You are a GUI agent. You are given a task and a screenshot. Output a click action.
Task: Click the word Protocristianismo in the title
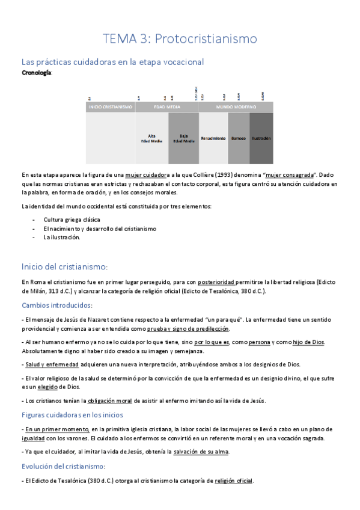pos(206,38)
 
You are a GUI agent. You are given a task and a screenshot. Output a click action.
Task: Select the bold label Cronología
pos(36,72)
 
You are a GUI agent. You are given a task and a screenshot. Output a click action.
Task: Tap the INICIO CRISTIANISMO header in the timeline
pos(110,107)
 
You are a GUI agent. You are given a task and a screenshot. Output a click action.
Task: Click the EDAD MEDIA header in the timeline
pos(166,107)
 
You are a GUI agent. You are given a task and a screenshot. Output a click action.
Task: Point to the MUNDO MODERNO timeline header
pos(236,107)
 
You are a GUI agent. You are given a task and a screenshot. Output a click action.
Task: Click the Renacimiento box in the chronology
pos(213,138)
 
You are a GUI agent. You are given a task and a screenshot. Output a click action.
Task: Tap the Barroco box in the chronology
pos(239,138)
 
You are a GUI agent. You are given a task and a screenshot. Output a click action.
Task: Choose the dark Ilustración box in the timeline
pos(261,138)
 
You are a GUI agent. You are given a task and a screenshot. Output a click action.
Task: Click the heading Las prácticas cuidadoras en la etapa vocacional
pos(112,61)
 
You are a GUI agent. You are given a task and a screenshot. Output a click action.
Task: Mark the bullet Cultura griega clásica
pos(72,220)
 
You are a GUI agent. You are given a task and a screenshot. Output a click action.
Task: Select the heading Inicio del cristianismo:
pos(64,266)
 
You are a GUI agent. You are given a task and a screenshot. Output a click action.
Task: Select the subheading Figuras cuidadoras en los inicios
pos(72,414)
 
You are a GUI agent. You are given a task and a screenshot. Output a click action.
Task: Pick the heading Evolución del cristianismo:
pos(63,466)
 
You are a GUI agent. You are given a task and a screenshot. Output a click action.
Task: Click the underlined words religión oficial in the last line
pos(234,481)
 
